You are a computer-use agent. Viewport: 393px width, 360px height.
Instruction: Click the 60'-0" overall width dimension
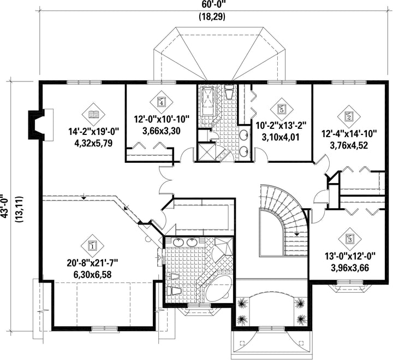(x=212, y=5)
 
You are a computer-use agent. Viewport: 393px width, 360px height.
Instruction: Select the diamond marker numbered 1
(x=93, y=246)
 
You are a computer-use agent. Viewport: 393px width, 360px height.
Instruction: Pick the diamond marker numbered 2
(x=349, y=116)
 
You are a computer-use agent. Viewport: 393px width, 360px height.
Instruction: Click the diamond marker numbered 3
(x=350, y=239)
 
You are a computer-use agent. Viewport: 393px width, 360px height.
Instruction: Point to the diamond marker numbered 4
(x=162, y=102)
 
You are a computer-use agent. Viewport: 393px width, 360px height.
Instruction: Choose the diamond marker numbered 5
(x=282, y=109)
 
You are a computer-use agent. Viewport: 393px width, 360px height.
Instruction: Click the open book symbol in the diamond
(x=94, y=115)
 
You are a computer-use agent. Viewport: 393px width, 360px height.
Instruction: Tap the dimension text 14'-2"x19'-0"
(x=93, y=132)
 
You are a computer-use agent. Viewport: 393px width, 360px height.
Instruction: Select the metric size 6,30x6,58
(x=92, y=274)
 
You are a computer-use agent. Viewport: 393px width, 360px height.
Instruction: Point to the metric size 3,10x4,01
(x=281, y=137)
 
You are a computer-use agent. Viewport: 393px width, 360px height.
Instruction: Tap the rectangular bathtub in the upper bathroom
(x=209, y=102)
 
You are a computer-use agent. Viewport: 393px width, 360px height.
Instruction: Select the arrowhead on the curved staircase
(x=297, y=234)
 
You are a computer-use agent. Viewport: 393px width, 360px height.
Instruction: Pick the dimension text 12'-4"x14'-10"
(x=349, y=133)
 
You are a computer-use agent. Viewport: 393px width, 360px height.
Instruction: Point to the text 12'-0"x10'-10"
(x=162, y=119)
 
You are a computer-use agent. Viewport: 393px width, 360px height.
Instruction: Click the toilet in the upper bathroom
(x=229, y=92)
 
